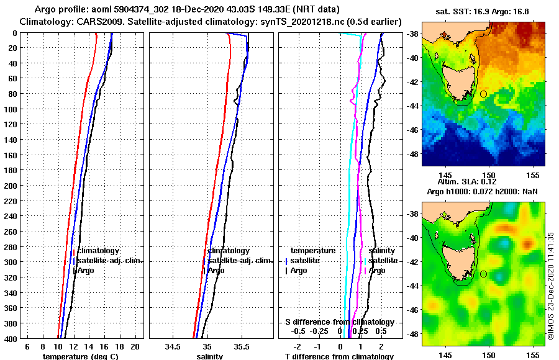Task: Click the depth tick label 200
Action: point(10,186)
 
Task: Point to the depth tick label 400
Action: point(10,338)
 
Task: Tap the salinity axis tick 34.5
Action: point(172,346)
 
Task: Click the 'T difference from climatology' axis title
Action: point(339,356)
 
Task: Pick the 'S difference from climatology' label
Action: point(339,322)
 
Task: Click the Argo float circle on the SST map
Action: point(483,94)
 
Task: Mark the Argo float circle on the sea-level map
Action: point(483,274)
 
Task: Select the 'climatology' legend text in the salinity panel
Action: point(229,251)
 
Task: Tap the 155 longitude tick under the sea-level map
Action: point(532,354)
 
